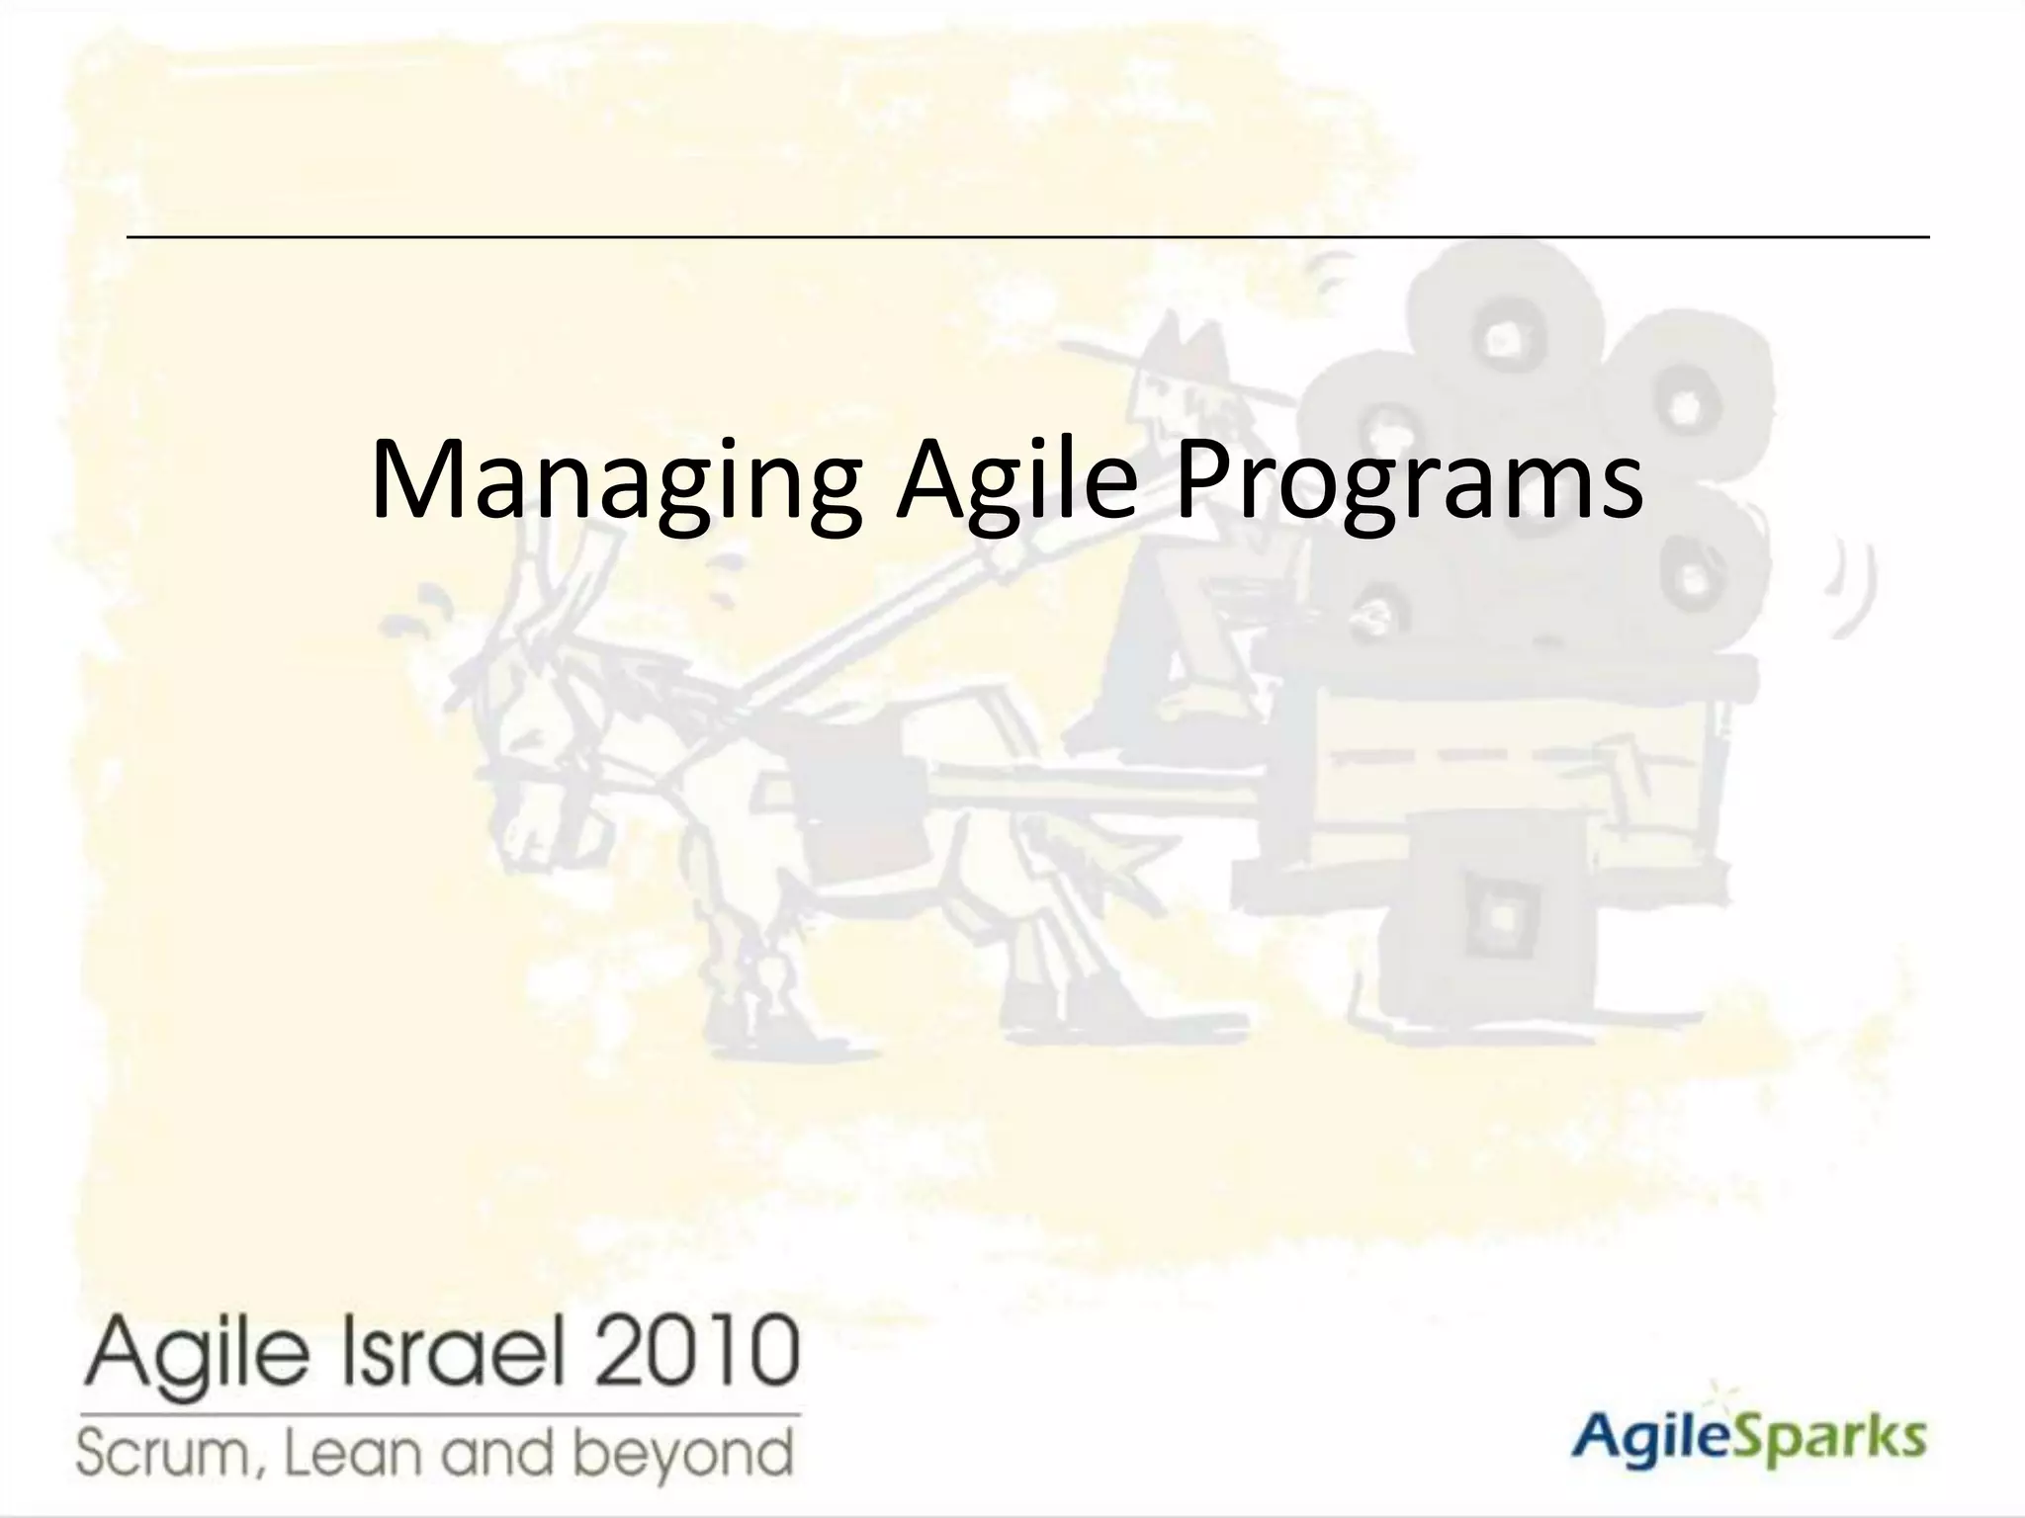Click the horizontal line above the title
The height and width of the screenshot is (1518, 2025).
(x=1028, y=237)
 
